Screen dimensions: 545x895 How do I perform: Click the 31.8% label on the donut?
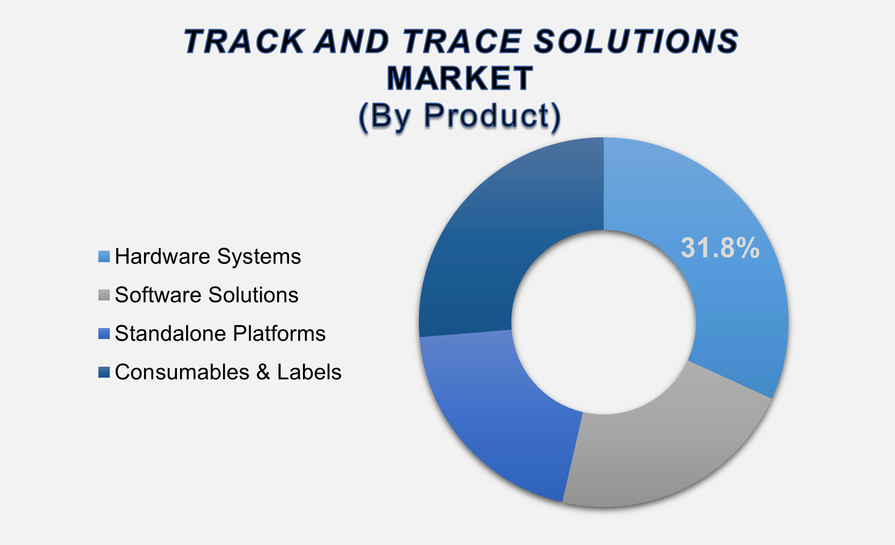coord(720,248)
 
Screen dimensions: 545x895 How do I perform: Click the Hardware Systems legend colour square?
coord(104,257)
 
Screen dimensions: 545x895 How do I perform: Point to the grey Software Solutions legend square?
coord(104,295)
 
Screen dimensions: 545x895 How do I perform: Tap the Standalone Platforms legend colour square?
coord(104,334)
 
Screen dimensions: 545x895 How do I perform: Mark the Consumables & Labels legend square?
coord(104,372)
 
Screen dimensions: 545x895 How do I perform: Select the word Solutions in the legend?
coord(253,295)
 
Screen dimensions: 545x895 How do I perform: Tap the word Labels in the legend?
coord(309,372)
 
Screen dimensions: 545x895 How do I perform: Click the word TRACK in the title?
coord(244,41)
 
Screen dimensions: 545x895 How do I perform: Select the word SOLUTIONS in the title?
coord(637,41)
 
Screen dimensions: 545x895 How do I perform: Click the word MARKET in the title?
coord(460,79)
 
